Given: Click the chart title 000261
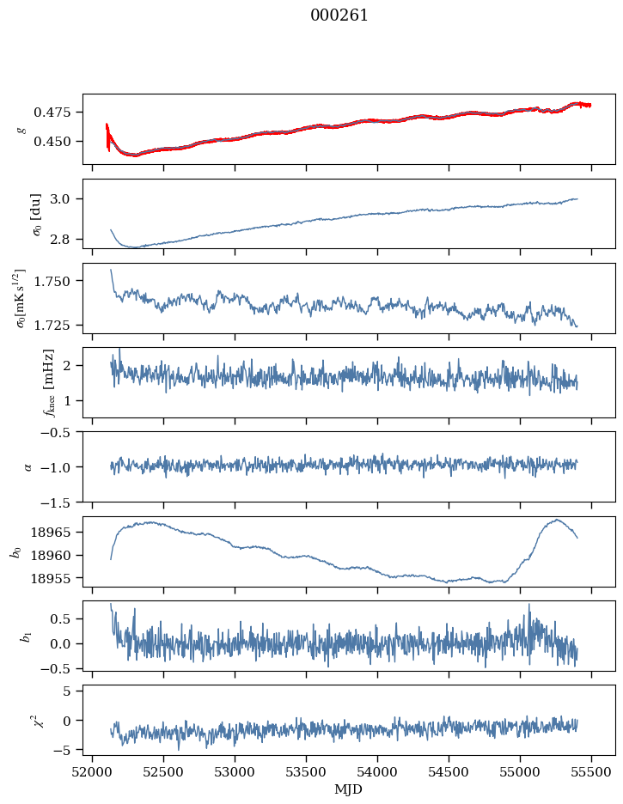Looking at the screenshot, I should [339, 15].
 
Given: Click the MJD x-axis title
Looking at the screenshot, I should [349, 789].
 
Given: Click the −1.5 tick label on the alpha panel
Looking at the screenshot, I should [62, 501].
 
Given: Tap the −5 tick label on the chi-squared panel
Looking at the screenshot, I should [67, 750].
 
